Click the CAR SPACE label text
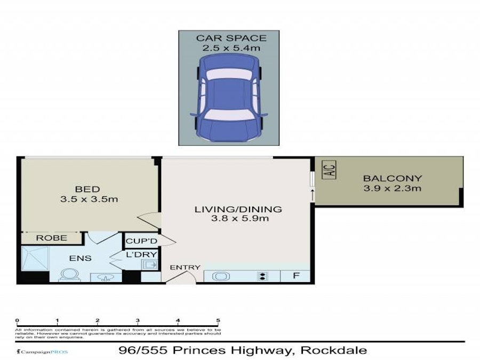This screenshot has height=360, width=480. click(x=230, y=38)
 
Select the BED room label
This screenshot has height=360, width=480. click(x=87, y=189)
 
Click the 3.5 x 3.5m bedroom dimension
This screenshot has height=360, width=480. click(x=89, y=199)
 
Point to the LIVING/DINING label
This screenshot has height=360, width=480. click(x=237, y=209)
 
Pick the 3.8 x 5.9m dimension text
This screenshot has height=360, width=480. click(x=237, y=219)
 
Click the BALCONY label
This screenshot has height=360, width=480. click(x=392, y=179)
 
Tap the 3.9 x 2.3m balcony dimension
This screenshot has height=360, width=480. click(x=392, y=189)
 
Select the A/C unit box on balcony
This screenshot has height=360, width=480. click(x=329, y=172)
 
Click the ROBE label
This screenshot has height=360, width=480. click(x=52, y=238)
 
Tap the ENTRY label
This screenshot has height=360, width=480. click(x=185, y=267)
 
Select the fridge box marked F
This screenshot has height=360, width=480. click(x=296, y=276)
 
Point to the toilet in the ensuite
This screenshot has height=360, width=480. click(x=68, y=275)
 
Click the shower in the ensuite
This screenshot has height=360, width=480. click(x=36, y=259)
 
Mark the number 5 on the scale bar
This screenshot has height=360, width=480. click(x=218, y=321)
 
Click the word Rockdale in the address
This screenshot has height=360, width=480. click(x=334, y=350)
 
